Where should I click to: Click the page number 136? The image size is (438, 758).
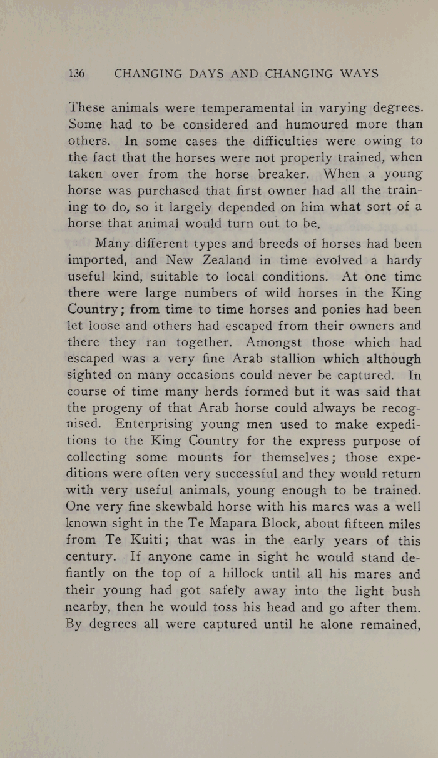tap(76, 74)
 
